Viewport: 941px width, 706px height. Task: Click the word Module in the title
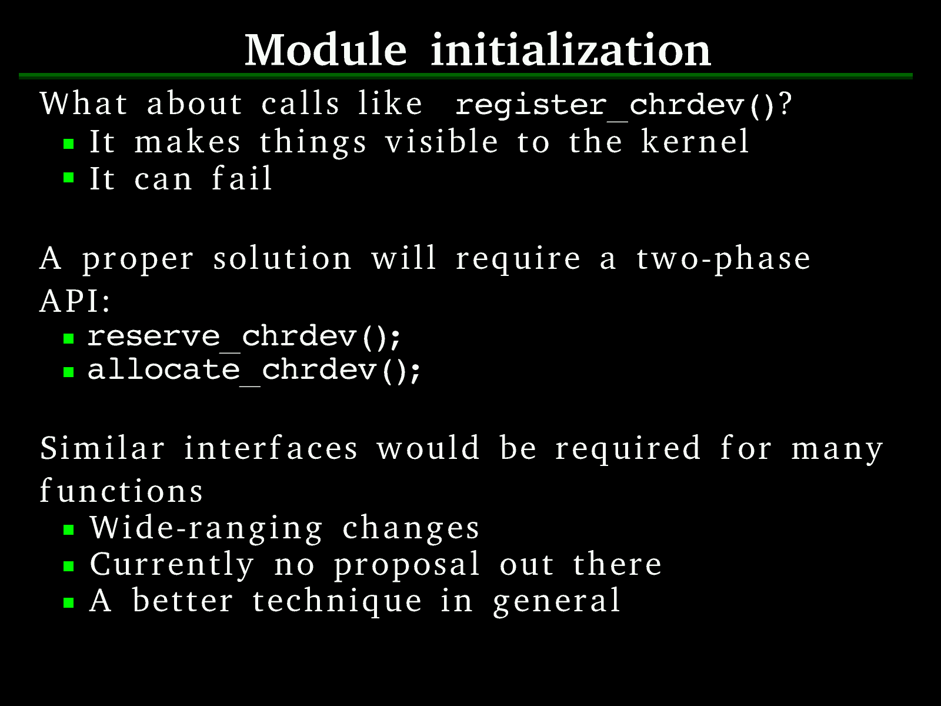(325, 50)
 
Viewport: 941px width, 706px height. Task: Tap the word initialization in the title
(570, 50)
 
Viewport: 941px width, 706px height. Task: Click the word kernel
(695, 141)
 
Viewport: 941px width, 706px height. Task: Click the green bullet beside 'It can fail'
(69, 178)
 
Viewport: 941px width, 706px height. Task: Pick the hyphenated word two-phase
(723, 259)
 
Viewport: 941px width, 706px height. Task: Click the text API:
(75, 301)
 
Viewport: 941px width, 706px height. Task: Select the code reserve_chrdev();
(244, 337)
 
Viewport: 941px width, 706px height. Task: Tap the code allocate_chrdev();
(255, 371)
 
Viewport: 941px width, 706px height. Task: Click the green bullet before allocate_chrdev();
(69, 371)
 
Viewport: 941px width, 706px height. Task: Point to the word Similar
(102, 448)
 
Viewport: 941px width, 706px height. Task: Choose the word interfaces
(271, 448)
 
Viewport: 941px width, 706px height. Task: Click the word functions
(121, 490)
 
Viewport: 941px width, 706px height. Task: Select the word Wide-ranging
(206, 528)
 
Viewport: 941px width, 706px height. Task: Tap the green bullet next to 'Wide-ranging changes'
(69, 530)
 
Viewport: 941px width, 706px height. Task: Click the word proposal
(406, 565)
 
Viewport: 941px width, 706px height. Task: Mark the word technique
(336, 601)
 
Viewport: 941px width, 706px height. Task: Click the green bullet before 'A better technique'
(69, 603)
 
